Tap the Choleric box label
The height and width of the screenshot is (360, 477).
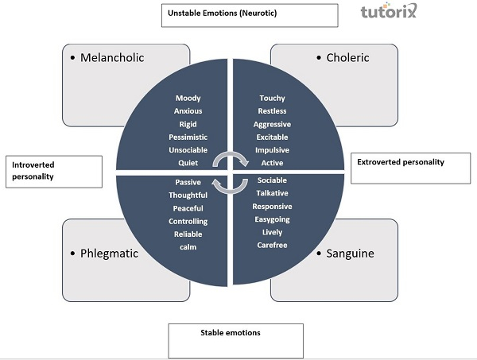[x=347, y=57]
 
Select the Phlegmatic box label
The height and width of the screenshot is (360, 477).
[x=110, y=254]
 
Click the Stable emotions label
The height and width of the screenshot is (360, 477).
[x=231, y=332]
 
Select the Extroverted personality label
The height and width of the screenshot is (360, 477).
[x=399, y=162]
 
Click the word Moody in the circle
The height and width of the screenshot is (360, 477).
[x=188, y=99]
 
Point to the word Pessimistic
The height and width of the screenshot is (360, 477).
[x=188, y=137]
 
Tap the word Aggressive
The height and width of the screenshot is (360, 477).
[x=272, y=125]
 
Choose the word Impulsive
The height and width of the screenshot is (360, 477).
[x=272, y=150]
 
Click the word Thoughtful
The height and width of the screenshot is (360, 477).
[x=188, y=195]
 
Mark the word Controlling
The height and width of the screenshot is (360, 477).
[x=188, y=222]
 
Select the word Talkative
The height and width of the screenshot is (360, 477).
[x=272, y=193]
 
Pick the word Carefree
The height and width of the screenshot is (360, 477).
[x=272, y=246]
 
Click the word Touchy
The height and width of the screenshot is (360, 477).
[x=272, y=99]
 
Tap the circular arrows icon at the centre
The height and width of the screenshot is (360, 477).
[x=231, y=172]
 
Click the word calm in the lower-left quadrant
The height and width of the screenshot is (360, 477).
[x=188, y=247]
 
